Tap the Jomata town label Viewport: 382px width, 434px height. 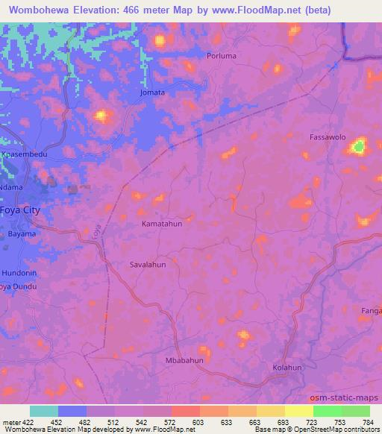pyautogui.click(x=152, y=93)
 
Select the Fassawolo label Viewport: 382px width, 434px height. pyautogui.click(x=328, y=137)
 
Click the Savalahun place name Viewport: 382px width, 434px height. pyautogui.click(x=148, y=264)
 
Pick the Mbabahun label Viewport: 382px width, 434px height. pyautogui.click(x=184, y=360)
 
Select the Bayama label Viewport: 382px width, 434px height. pyautogui.click(x=22, y=233)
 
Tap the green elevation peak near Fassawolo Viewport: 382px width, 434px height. pyautogui.click(x=359, y=147)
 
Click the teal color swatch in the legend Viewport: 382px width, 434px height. pyautogui.click(x=44, y=411)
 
